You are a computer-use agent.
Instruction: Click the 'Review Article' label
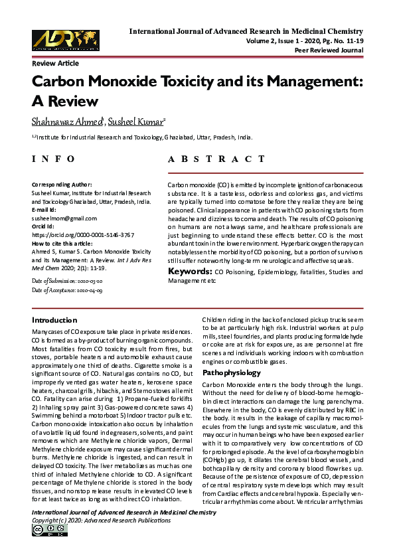(55, 63)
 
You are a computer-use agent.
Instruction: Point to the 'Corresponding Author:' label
(62, 184)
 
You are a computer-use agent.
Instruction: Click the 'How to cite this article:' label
(64, 244)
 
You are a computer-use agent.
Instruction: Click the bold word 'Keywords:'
(189, 272)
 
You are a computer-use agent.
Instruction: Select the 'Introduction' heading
(54, 320)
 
